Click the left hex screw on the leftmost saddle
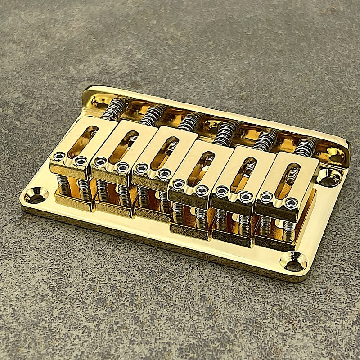(59, 157)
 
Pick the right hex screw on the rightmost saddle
(291, 203)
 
